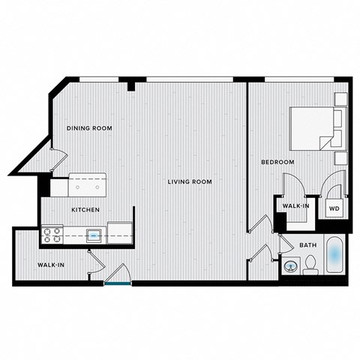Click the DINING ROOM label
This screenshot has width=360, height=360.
click(x=89, y=128)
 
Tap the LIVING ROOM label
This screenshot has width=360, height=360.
click(x=189, y=181)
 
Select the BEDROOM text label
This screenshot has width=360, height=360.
click(x=277, y=162)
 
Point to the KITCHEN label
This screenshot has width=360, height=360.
click(x=86, y=210)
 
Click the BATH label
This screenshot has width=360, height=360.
click(x=307, y=245)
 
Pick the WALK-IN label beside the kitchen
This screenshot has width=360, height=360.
click(x=51, y=265)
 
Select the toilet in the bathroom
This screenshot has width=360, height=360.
click(x=309, y=265)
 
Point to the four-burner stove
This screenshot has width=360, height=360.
click(x=52, y=235)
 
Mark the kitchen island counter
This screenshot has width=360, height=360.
click(x=87, y=184)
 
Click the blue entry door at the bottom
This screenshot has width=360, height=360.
click(x=117, y=283)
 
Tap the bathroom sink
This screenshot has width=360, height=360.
click(x=289, y=265)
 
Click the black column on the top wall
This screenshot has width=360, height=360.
click(x=131, y=84)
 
